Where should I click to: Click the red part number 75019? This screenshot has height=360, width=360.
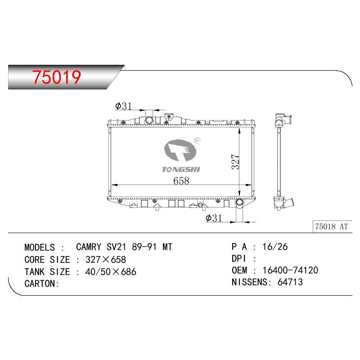tap(57, 77)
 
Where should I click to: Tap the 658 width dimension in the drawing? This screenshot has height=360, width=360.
tap(181, 181)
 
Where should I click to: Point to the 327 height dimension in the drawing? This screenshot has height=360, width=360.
tap(235, 162)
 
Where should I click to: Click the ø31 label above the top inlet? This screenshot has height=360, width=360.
tap(123, 106)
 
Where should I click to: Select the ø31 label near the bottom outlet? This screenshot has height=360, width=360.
tap(213, 218)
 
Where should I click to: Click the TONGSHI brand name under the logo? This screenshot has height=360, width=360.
tap(181, 170)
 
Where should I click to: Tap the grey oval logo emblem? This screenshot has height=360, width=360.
tap(180, 150)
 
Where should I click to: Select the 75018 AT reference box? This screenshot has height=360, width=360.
tap(332, 227)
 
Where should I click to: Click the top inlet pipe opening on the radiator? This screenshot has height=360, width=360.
tap(149, 120)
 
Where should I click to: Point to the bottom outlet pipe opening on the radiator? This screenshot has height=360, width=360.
tap(239, 202)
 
